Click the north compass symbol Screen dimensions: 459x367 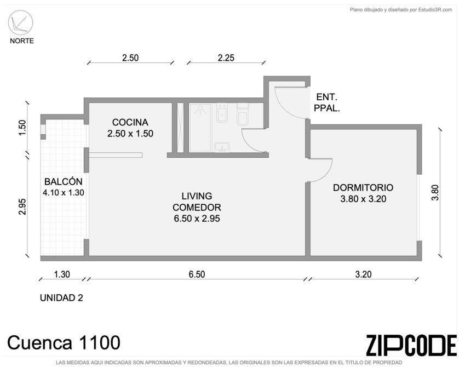pyautogui.click(x=20, y=23)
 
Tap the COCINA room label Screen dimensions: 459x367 pyautogui.click(x=130, y=122)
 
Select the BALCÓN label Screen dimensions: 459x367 pyautogui.click(x=63, y=181)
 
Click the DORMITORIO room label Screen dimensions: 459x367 pyautogui.click(x=363, y=187)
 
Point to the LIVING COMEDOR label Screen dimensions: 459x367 pyautogui.click(x=197, y=202)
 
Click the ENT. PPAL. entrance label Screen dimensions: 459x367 pyautogui.click(x=326, y=102)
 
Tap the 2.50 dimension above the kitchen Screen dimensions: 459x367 pyautogui.click(x=130, y=58)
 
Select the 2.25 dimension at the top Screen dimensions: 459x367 pyautogui.click(x=226, y=58)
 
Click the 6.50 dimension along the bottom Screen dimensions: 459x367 pyautogui.click(x=197, y=274)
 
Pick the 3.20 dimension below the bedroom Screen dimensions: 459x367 pyautogui.click(x=363, y=274)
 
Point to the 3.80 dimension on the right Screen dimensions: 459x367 pyautogui.click(x=435, y=192)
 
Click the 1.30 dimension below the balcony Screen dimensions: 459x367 pyautogui.click(x=62, y=274)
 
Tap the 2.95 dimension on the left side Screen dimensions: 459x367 pyautogui.click(x=22, y=207)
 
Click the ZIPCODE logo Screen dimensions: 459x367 pyautogui.click(x=411, y=345)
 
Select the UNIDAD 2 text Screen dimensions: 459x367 pyautogui.click(x=61, y=297)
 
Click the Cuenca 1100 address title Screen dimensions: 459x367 pyautogui.click(x=64, y=342)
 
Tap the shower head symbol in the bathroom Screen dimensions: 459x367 pyautogui.click(x=200, y=110)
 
